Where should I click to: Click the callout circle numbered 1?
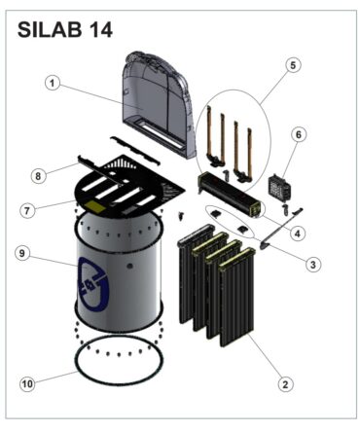point(53,84)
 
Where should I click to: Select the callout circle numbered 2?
point(285,384)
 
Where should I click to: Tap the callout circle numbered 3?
point(312,265)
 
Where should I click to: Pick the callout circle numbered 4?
point(298,234)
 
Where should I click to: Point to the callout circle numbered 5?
point(293,65)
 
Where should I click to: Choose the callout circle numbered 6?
point(299,134)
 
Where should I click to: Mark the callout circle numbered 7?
point(27,211)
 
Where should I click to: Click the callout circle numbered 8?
point(38,176)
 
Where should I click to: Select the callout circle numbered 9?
point(22,253)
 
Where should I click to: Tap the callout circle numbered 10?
point(27,384)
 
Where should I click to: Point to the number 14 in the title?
point(100,30)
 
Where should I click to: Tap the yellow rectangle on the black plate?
point(95,206)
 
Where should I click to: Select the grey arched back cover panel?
point(156,104)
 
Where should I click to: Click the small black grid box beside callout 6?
point(278,187)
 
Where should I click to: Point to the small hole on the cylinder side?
point(129,266)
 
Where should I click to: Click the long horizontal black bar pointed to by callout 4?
point(230,194)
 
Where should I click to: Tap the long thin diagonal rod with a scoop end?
point(280,229)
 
